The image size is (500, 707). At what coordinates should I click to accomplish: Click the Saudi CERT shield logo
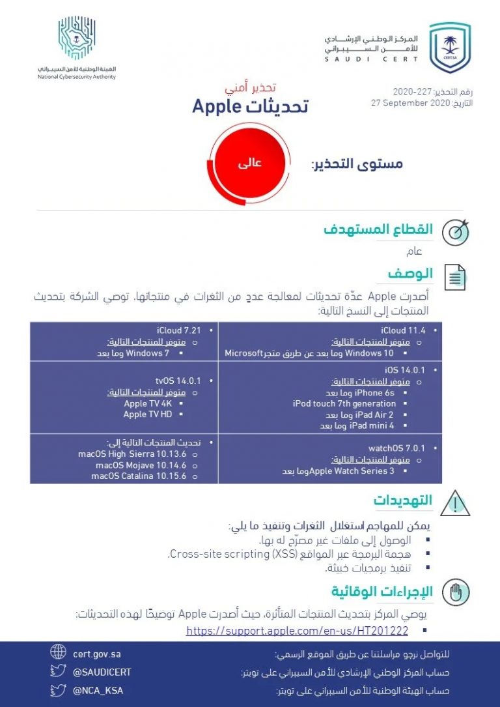point(449,47)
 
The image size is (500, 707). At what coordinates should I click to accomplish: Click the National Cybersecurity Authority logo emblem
point(77,37)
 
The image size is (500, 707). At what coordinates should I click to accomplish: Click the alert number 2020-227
point(412,91)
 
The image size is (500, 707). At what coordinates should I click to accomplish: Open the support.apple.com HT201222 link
point(297,631)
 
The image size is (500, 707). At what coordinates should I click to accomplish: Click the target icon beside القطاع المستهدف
point(455,232)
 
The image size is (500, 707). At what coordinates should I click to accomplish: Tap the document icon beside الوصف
point(455,277)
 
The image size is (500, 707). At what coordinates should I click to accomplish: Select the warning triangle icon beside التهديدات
point(455,503)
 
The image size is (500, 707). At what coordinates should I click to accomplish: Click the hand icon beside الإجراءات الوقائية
point(455,592)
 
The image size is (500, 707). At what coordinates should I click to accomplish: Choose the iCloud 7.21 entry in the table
point(178,330)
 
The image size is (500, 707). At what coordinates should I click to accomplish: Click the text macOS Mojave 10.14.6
point(139,465)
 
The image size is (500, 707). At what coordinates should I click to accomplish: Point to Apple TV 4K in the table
point(145,403)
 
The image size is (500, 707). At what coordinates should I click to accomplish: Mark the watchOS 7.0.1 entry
point(396,449)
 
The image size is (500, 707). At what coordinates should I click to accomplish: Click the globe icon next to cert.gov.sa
point(58,652)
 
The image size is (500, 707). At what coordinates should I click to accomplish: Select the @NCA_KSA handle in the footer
point(98,690)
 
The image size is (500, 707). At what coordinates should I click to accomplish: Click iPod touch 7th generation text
point(344,403)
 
